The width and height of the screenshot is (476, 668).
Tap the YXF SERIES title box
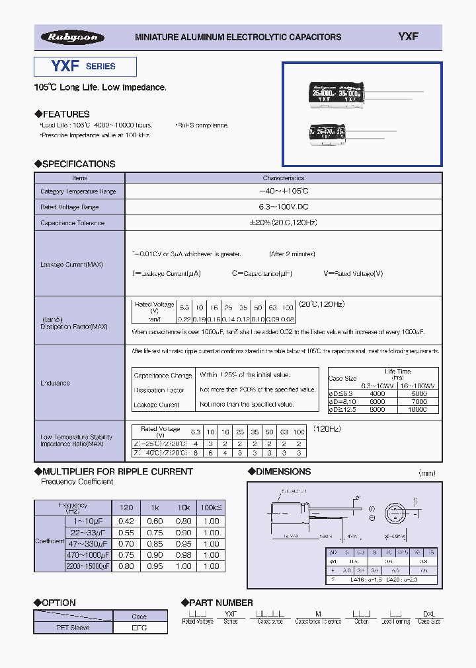point(85,67)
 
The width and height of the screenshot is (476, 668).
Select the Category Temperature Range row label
point(78,191)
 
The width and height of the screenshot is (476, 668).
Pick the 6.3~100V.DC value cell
point(284,207)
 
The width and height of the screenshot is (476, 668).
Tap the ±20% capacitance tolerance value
point(284,222)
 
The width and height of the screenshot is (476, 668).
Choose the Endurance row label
point(55,383)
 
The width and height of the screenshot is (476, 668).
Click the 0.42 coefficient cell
point(126,521)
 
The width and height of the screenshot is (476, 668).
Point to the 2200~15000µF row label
point(88,566)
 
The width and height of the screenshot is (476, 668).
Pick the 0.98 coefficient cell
point(183,554)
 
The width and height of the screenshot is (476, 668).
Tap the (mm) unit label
point(428,473)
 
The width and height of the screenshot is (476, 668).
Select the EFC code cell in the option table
point(139,628)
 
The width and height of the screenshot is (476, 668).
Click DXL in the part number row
point(428,613)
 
